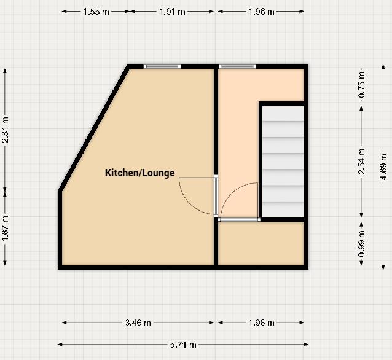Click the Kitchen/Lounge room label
(x=140, y=173)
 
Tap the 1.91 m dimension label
(x=173, y=11)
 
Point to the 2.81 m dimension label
(x=6, y=130)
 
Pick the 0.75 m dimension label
(x=361, y=85)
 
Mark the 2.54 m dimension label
(x=361, y=161)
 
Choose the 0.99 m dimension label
(x=361, y=243)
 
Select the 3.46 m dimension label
(x=138, y=322)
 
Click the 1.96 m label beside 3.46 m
(x=261, y=322)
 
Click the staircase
(x=283, y=162)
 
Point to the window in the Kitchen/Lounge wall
(x=162, y=66)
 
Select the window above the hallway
(x=237, y=66)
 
